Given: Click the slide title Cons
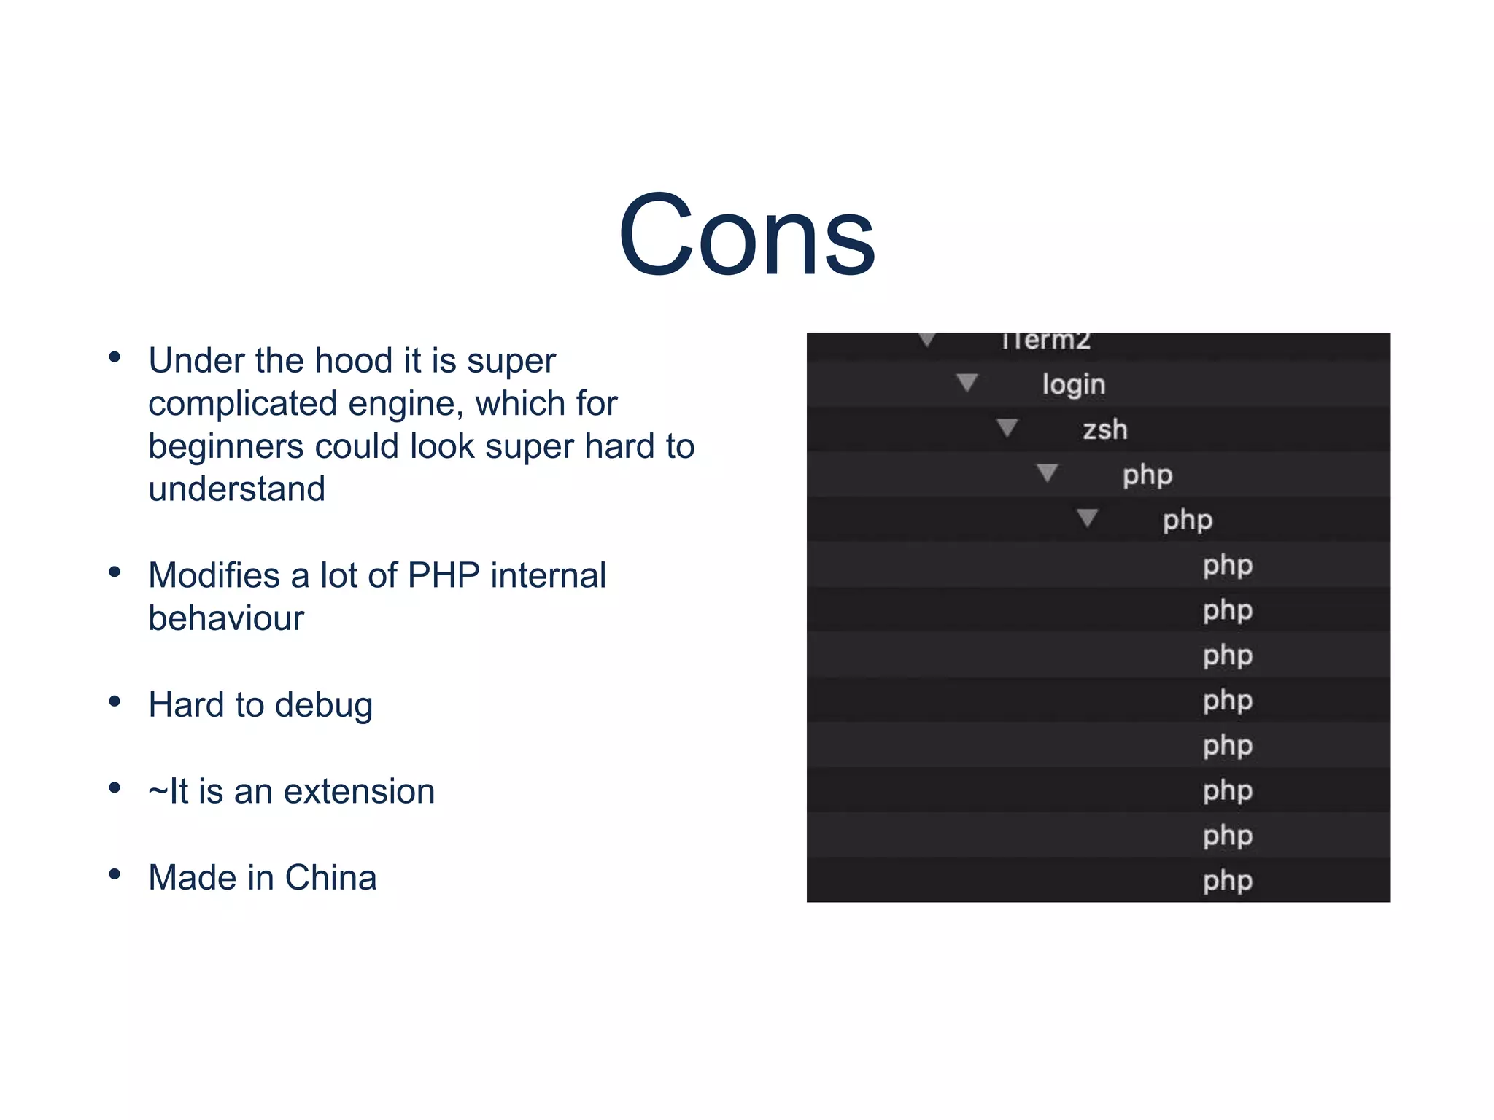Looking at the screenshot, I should (746, 235).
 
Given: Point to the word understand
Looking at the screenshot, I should (236, 489).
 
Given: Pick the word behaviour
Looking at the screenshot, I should (225, 618).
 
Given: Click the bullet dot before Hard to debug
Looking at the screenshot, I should (115, 701).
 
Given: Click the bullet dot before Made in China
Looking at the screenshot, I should (115, 874).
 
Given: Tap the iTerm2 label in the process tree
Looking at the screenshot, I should (1045, 341).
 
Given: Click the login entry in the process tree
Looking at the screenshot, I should (1073, 384).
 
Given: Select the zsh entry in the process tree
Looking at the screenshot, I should (1104, 429).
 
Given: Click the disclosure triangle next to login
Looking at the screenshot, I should (967, 382).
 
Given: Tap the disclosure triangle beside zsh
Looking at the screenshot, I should (1007, 427).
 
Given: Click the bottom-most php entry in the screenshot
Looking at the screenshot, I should (1227, 881).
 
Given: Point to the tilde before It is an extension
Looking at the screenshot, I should (158, 792).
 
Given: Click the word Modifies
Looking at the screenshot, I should (214, 575).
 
